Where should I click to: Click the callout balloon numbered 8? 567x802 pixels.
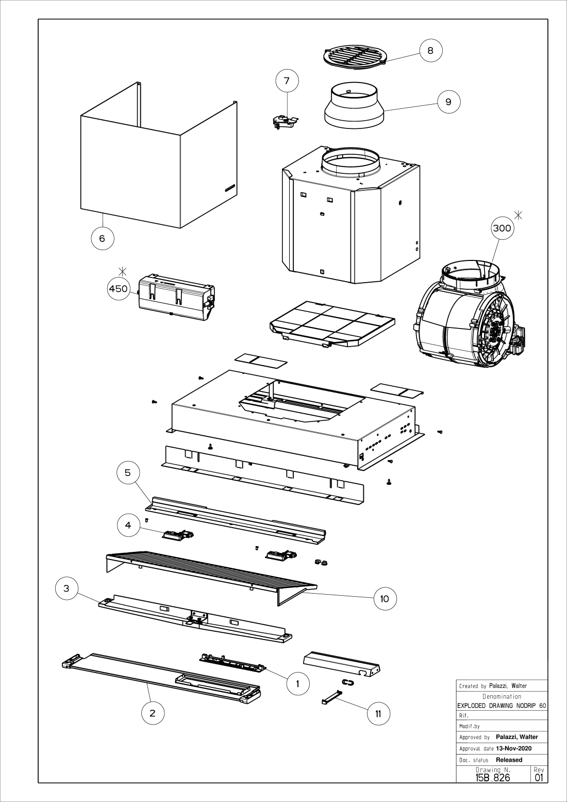(430, 51)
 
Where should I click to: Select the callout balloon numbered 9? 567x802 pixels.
(448, 102)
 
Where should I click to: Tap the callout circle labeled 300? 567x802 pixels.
(502, 228)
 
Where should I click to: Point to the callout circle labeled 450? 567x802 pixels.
(119, 288)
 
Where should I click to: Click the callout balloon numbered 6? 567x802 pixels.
(102, 238)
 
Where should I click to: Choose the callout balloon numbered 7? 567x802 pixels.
(287, 81)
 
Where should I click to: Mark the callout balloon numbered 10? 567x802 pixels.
(385, 598)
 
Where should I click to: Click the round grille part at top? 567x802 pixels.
(354, 57)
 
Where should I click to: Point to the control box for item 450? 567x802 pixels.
(176, 297)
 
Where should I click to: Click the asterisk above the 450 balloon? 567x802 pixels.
(122, 271)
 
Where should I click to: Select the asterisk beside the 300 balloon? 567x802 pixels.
(518, 215)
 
